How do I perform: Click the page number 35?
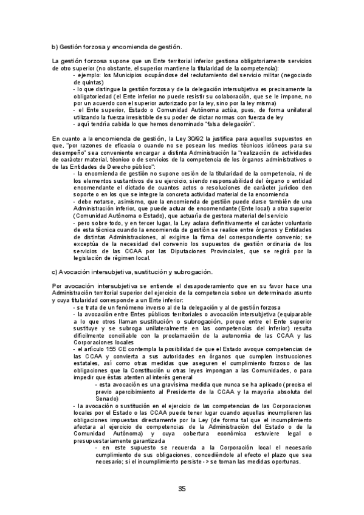click(182, 489)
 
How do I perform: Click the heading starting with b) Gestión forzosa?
click(117, 46)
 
